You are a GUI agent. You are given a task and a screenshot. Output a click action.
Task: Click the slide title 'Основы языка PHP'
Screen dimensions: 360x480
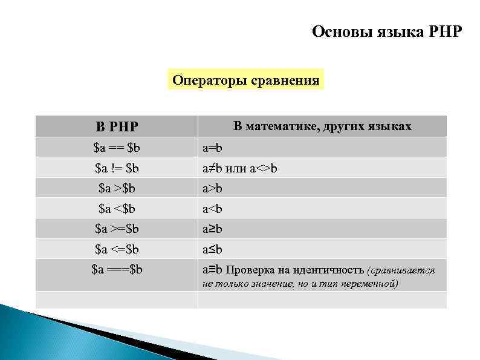[x=386, y=31]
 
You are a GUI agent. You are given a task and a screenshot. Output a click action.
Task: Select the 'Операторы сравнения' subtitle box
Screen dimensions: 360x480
[x=245, y=80]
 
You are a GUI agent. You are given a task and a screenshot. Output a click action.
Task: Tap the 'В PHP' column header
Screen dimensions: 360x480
[x=117, y=127]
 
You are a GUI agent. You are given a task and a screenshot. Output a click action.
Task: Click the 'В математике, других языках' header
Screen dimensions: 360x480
[x=322, y=126]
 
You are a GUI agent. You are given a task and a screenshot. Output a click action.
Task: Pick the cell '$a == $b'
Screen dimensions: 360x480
[x=117, y=148]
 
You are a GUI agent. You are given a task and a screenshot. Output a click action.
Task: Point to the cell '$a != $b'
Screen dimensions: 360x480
[x=117, y=168]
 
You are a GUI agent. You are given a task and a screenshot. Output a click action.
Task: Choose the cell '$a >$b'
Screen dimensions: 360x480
[x=117, y=188]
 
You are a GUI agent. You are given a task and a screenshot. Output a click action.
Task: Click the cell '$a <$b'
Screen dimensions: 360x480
[x=117, y=209]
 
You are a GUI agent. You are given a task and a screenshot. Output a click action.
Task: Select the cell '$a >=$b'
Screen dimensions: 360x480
[x=117, y=229]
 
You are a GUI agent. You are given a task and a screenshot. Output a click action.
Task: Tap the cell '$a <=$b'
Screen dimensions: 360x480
[x=117, y=249]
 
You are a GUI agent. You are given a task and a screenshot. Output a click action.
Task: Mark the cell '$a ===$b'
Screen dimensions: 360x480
[x=117, y=269]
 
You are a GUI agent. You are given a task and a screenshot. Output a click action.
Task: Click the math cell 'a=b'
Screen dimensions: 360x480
[x=212, y=148]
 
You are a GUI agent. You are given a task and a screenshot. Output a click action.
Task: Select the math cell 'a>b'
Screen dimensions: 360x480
[x=212, y=189]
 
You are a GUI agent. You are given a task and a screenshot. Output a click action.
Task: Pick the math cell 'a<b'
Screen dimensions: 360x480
[x=212, y=209]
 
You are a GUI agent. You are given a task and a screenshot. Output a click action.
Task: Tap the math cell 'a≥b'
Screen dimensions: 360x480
[x=212, y=229]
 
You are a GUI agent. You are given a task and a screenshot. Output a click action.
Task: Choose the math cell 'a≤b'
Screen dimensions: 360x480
[x=212, y=249]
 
